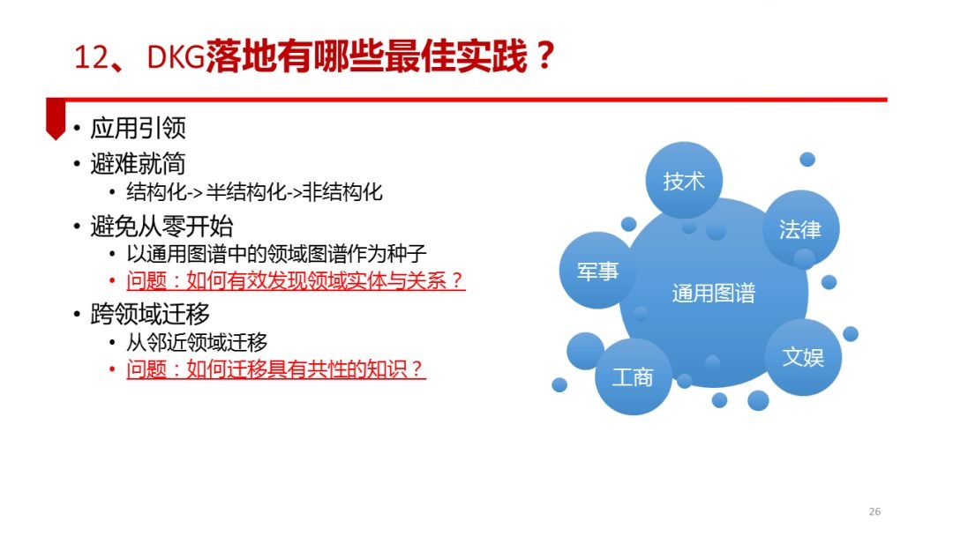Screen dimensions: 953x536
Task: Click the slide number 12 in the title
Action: [91, 57]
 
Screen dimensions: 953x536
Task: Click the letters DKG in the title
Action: [176, 57]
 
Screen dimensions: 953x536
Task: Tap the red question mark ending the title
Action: [545, 56]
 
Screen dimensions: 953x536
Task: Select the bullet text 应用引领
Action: [138, 128]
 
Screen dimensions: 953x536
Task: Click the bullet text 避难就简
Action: [138, 163]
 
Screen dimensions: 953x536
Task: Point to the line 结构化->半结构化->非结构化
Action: [255, 192]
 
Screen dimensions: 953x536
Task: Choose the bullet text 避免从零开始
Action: [161, 227]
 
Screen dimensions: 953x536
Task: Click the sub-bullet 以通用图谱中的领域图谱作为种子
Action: [276, 253]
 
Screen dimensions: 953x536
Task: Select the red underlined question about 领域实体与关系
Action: [296, 280]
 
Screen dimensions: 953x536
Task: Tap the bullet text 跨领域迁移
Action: [150, 315]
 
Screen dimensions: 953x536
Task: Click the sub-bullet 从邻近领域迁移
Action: [197, 342]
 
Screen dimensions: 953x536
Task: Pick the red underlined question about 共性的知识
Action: [276, 369]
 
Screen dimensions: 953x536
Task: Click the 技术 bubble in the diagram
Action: [684, 181]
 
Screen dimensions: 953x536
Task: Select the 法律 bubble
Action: [800, 229]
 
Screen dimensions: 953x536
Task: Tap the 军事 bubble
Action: [597, 271]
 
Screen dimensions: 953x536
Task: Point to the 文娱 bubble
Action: [803, 357]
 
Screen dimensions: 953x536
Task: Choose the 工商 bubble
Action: [633, 377]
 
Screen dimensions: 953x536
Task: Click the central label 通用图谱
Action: [714, 294]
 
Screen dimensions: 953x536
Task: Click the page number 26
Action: [874, 511]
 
